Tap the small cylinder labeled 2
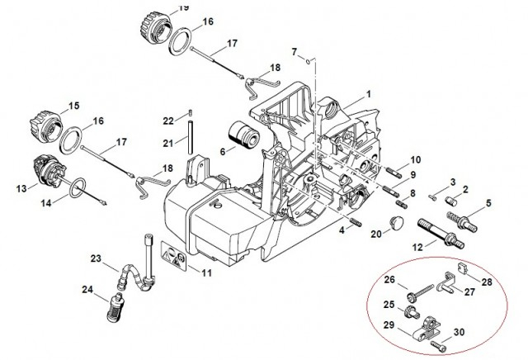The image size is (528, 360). click(x=450, y=201)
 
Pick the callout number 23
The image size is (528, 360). click(x=96, y=258)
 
